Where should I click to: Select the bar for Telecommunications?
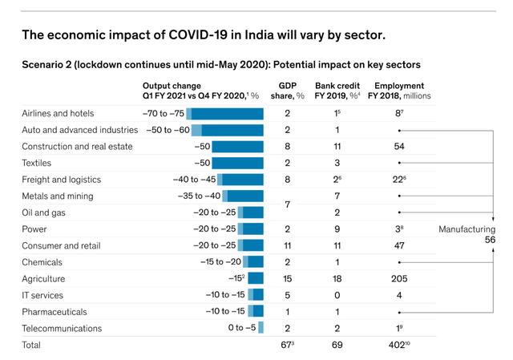(261, 328)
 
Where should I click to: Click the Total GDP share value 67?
(286, 346)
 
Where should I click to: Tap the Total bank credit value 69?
(337, 346)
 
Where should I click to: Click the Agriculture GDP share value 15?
(287, 278)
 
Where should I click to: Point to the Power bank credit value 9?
(337, 229)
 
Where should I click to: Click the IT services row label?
(45, 295)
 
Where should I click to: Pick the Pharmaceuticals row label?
(55, 311)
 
